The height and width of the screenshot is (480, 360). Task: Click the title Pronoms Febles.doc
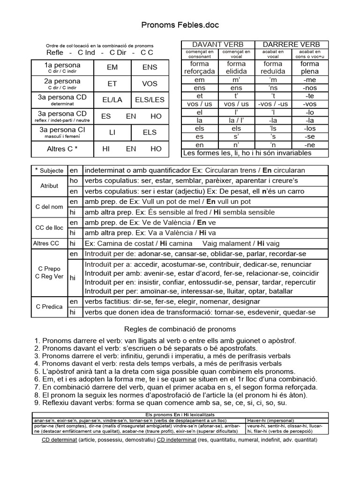point(180,24)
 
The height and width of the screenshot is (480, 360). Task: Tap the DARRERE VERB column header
point(291,44)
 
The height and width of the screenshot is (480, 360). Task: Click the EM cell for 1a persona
point(112,67)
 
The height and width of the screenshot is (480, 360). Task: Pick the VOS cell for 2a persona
point(150,84)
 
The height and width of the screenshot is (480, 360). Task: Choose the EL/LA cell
point(112,100)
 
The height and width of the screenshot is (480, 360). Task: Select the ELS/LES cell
point(150,100)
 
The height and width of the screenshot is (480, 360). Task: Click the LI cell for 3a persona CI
point(112,133)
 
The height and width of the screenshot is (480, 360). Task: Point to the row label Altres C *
point(62,149)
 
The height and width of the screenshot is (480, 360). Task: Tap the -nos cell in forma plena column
point(310,88)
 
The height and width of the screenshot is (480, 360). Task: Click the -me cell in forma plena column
point(310,80)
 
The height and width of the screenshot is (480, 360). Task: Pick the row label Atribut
point(49,186)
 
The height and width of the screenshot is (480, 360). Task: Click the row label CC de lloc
point(49,228)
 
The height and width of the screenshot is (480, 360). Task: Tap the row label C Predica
point(49,307)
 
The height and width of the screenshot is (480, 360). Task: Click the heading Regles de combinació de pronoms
point(180,329)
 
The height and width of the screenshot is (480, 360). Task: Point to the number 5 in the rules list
point(37,371)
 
